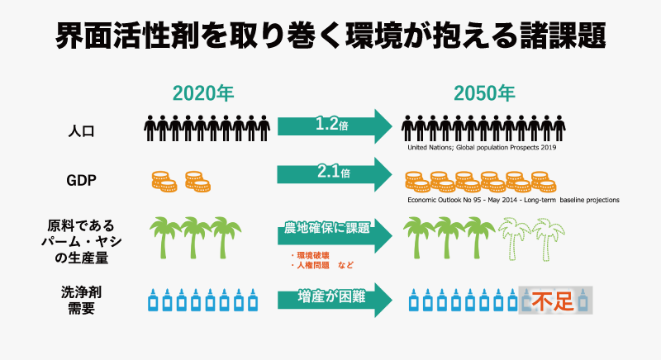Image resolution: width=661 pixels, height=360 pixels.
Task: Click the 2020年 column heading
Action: click(203, 93)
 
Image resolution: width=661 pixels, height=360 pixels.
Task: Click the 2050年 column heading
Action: click(484, 93)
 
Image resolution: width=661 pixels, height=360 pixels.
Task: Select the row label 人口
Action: click(81, 131)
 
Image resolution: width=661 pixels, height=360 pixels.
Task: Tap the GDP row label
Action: click(81, 180)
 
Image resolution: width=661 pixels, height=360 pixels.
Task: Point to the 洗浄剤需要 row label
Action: click(81, 301)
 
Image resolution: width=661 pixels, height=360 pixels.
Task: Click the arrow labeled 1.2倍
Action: click(335, 126)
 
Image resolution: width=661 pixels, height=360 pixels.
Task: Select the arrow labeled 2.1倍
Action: click(335, 174)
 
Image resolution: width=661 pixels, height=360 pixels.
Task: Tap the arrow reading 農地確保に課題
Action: click(335, 235)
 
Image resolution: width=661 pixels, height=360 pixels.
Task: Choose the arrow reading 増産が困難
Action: click(335, 300)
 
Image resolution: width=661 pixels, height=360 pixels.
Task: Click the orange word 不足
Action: click(553, 301)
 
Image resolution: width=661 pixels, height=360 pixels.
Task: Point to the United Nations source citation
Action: click(482, 147)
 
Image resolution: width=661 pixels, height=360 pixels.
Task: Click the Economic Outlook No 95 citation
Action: click(513, 200)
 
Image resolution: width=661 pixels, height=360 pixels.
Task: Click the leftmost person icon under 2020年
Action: click(150, 128)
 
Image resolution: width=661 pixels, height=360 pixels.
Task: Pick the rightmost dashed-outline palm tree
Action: click(548, 239)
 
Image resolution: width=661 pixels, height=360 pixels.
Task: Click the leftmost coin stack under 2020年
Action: click(164, 182)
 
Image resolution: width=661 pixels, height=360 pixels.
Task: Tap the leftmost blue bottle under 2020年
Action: click(153, 301)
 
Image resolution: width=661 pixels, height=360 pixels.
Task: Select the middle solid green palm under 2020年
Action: click(195, 238)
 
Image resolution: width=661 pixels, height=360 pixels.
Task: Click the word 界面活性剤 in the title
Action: click(128, 36)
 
